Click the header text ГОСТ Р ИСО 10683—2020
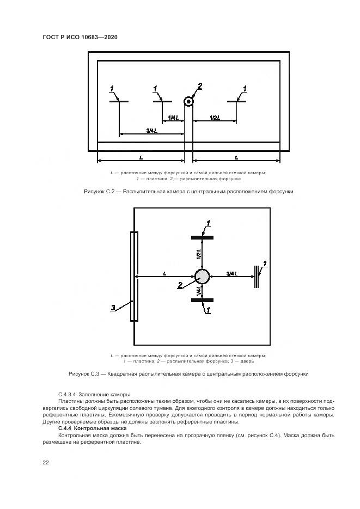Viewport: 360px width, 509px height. click(80, 37)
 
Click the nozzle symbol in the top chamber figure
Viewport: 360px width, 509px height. click(189, 101)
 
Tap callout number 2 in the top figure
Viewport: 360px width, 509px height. click(200, 86)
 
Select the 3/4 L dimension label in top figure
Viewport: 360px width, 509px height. click(152, 131)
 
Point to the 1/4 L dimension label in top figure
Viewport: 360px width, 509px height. click(173, 118)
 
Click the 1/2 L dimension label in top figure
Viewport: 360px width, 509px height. click(215, 118)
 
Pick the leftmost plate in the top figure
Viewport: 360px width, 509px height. click(119, 101)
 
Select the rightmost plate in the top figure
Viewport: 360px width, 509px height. click(237, 101)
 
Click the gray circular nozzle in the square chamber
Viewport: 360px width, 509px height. click(202, 277)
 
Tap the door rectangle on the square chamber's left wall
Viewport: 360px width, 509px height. click(134, 277)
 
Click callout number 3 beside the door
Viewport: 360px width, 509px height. click(113, 308)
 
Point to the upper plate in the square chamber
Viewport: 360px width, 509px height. click(202, 237)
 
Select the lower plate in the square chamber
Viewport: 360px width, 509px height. click(202, 300)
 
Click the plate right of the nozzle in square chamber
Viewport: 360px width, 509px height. click(255, 277)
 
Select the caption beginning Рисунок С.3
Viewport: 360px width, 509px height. click(188, 374)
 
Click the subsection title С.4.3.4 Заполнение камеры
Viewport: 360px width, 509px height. click(93, 394)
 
